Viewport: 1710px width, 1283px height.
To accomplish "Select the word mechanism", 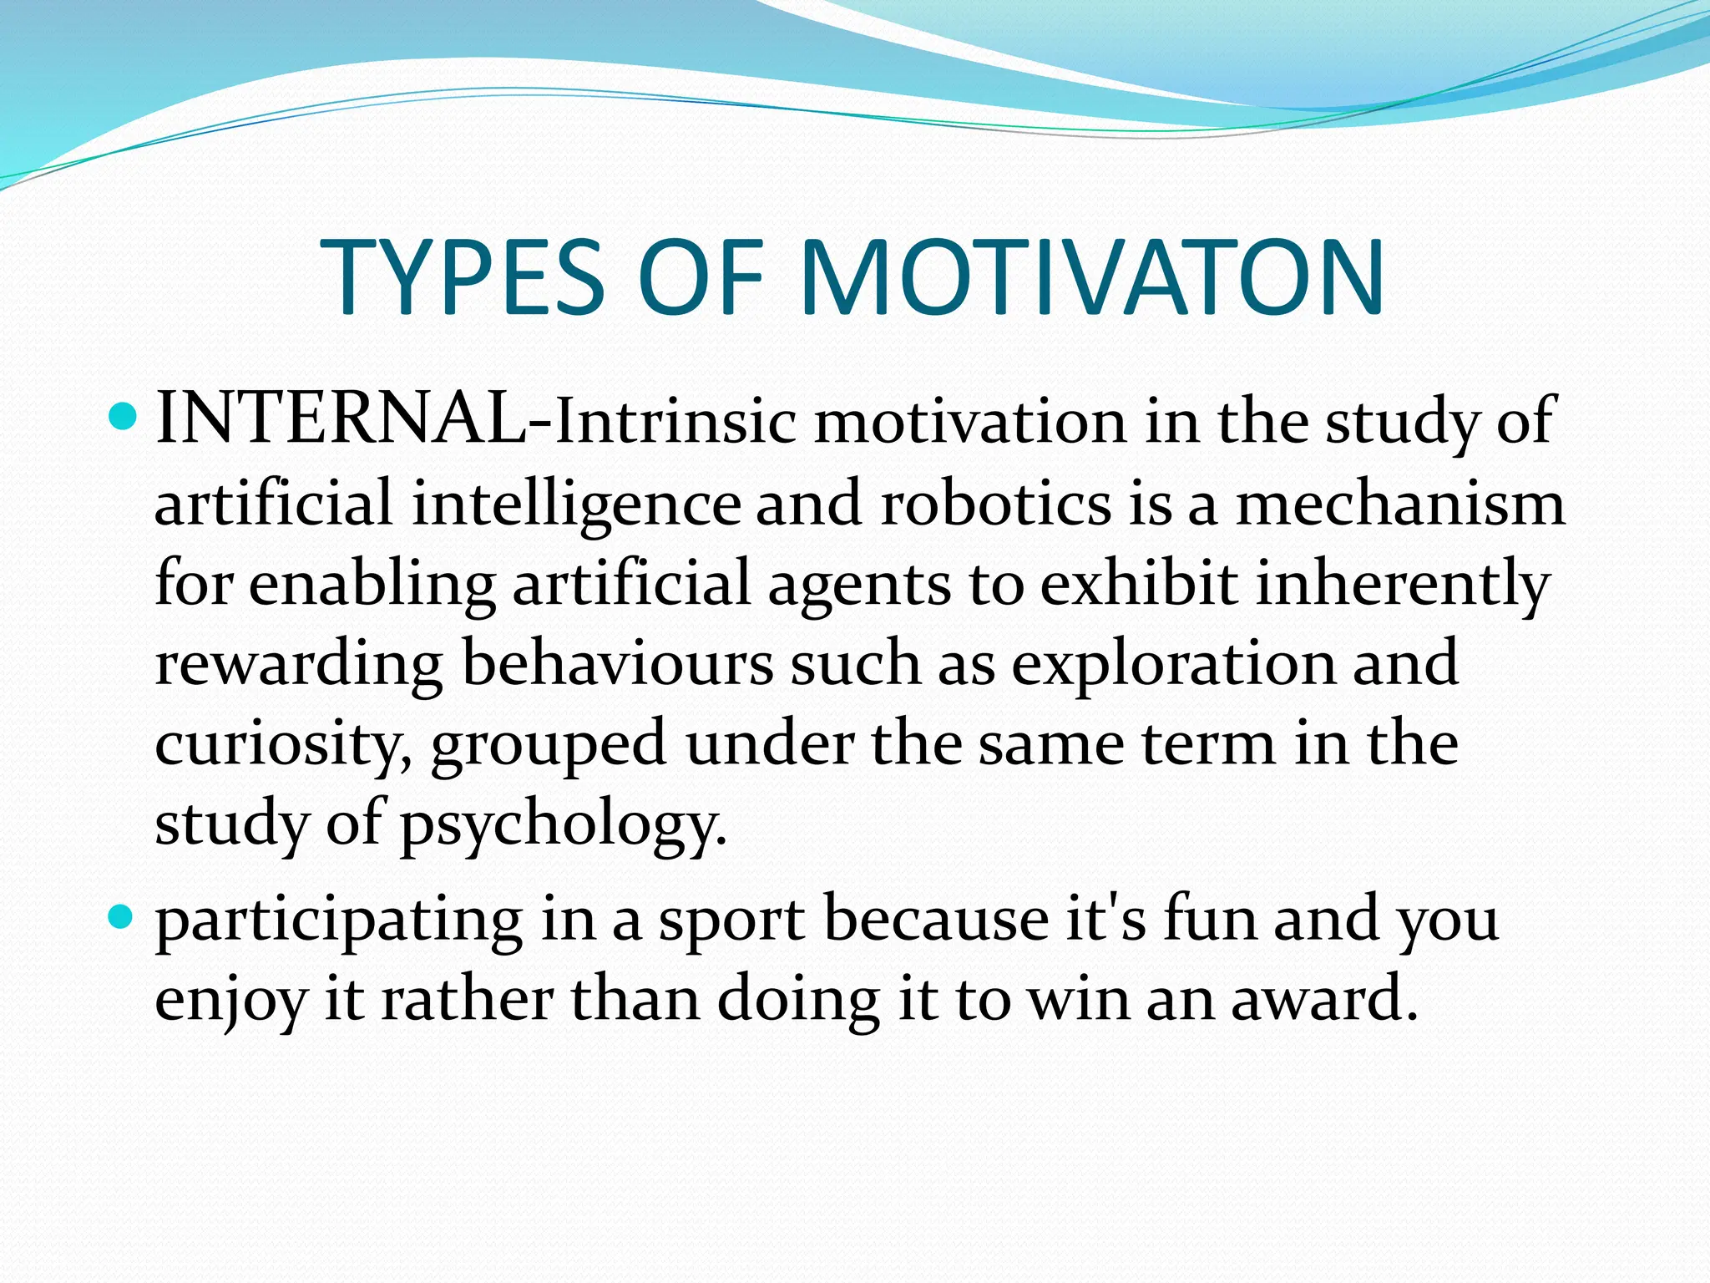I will [1400, 504].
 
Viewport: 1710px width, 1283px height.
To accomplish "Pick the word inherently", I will [1403, 585].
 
